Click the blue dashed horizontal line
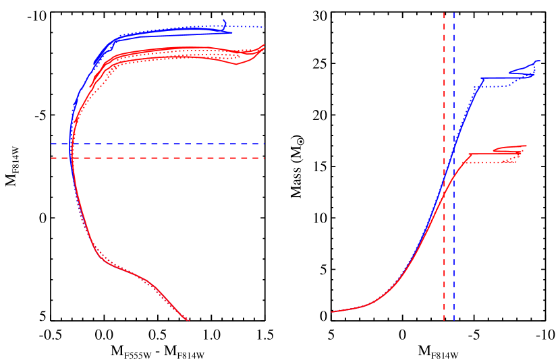pos(169,144)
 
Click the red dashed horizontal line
pos(169,158)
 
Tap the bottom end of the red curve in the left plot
pos(188,320)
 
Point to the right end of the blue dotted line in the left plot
pos(264,27)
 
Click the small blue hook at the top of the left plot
pos(225,23)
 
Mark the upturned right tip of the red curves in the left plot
pos(263,45)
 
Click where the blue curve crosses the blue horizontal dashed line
pos(71,144)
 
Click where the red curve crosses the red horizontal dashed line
pos(71,158)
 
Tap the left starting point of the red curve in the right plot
pos(332,311)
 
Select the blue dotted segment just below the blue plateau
pos(499,86)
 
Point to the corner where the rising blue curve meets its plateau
pos(482,78)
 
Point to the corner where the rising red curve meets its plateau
pos(469,154)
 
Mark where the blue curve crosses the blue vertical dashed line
pos(454,144)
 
